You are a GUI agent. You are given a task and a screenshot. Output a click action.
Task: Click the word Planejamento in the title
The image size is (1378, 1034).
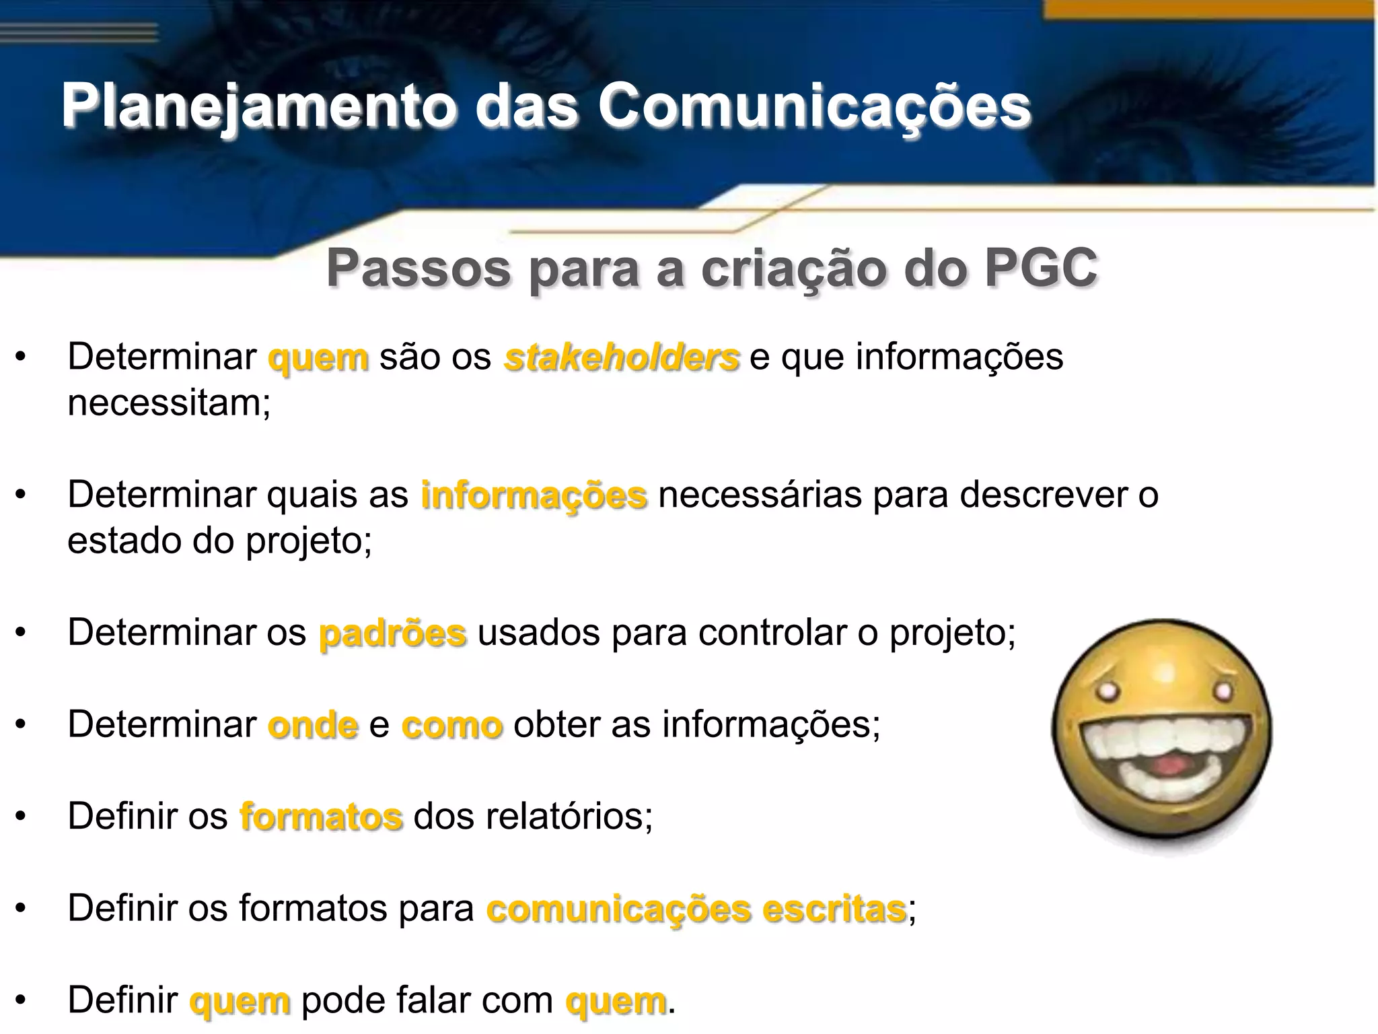258,106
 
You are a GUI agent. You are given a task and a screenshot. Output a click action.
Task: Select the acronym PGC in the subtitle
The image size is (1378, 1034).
1040,268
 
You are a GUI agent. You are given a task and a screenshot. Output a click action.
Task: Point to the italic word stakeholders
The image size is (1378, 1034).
622,357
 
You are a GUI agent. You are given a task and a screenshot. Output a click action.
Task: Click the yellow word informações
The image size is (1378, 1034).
534,495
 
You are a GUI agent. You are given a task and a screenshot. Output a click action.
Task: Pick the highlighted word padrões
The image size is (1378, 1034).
392,633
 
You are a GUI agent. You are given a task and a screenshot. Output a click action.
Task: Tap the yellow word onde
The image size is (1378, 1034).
313,725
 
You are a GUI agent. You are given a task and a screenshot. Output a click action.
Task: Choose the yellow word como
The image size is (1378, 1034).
451,725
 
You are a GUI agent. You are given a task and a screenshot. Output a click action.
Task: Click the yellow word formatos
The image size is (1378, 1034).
321,817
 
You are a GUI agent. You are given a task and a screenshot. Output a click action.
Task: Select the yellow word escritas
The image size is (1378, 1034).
834,909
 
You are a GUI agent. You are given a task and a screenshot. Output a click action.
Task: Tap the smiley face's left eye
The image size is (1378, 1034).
1105,691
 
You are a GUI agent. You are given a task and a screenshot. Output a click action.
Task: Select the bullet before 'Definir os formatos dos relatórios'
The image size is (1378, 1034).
21,817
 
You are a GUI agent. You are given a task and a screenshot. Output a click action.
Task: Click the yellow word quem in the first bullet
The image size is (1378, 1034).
318,357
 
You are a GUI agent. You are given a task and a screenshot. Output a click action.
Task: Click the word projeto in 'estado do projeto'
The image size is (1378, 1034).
307,541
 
